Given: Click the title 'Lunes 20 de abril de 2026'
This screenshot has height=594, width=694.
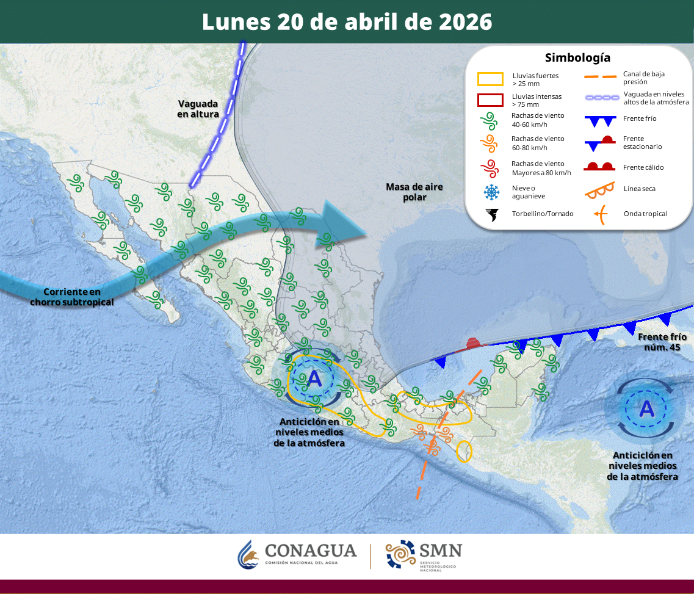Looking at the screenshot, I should [347, 22].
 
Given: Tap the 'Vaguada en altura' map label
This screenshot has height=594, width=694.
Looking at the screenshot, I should [198, 109].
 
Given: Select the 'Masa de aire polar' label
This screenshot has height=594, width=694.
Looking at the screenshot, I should [414, 192].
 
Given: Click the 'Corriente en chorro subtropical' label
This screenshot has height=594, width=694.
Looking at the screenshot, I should [72, 297].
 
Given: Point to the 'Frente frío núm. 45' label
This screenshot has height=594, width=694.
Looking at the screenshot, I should [662, 342].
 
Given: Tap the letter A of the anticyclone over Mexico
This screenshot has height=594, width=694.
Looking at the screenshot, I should [314, 378].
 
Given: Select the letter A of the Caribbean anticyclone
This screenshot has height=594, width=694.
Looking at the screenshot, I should [646, 408].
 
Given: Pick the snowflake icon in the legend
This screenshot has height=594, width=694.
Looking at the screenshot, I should [491, 192].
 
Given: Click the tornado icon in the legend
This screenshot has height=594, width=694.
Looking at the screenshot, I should [491, 214].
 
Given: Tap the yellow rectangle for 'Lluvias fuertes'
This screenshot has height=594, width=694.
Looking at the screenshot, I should [490, 79].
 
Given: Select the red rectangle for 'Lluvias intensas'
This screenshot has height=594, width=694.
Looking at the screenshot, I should [490, 100].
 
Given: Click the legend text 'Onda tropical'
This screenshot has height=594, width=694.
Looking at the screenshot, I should [645, 214].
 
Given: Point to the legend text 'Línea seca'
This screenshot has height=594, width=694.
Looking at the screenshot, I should [639, 189].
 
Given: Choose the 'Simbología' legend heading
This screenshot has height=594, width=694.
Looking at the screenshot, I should [577, 58].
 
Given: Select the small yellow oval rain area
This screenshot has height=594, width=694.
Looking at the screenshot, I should [464, 451].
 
